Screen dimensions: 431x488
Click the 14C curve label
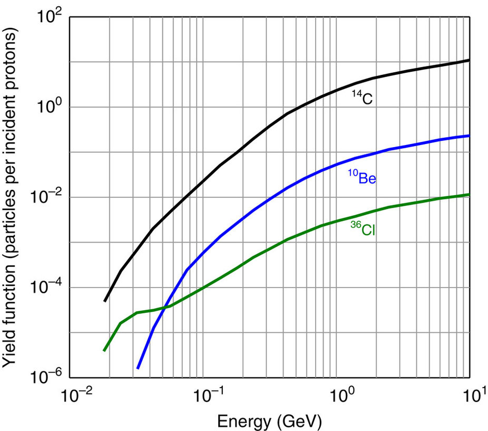point(363,98)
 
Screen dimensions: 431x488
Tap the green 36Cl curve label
point(363,228)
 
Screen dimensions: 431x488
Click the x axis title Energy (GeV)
point(269,420)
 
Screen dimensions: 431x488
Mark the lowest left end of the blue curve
point(138,368)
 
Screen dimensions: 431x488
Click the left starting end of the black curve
point(105,301)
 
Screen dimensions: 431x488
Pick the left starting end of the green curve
point(104,350)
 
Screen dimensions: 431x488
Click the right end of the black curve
point(469,61)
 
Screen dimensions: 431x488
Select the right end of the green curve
point(469,195)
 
